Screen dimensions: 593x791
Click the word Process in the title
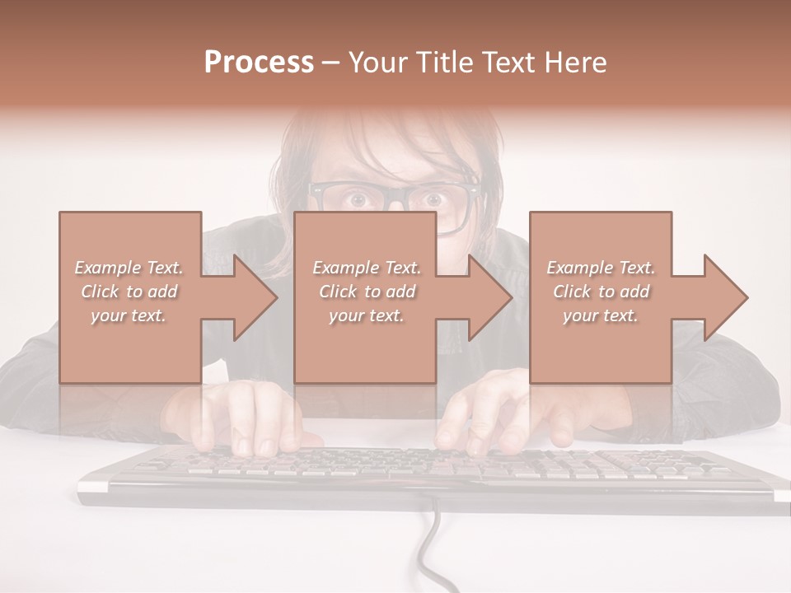point(259,62)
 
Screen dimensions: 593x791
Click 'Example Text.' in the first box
point(129,268)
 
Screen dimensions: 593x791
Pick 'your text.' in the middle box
point(366,315)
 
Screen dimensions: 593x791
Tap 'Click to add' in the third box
point(601,292)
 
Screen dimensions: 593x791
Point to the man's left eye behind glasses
point(431,198)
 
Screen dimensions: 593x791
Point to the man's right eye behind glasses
point(358,198)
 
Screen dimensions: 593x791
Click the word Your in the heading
point(377,62)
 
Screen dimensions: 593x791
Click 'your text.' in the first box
point(129,315)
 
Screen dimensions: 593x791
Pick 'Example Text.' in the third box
point(601,268)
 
